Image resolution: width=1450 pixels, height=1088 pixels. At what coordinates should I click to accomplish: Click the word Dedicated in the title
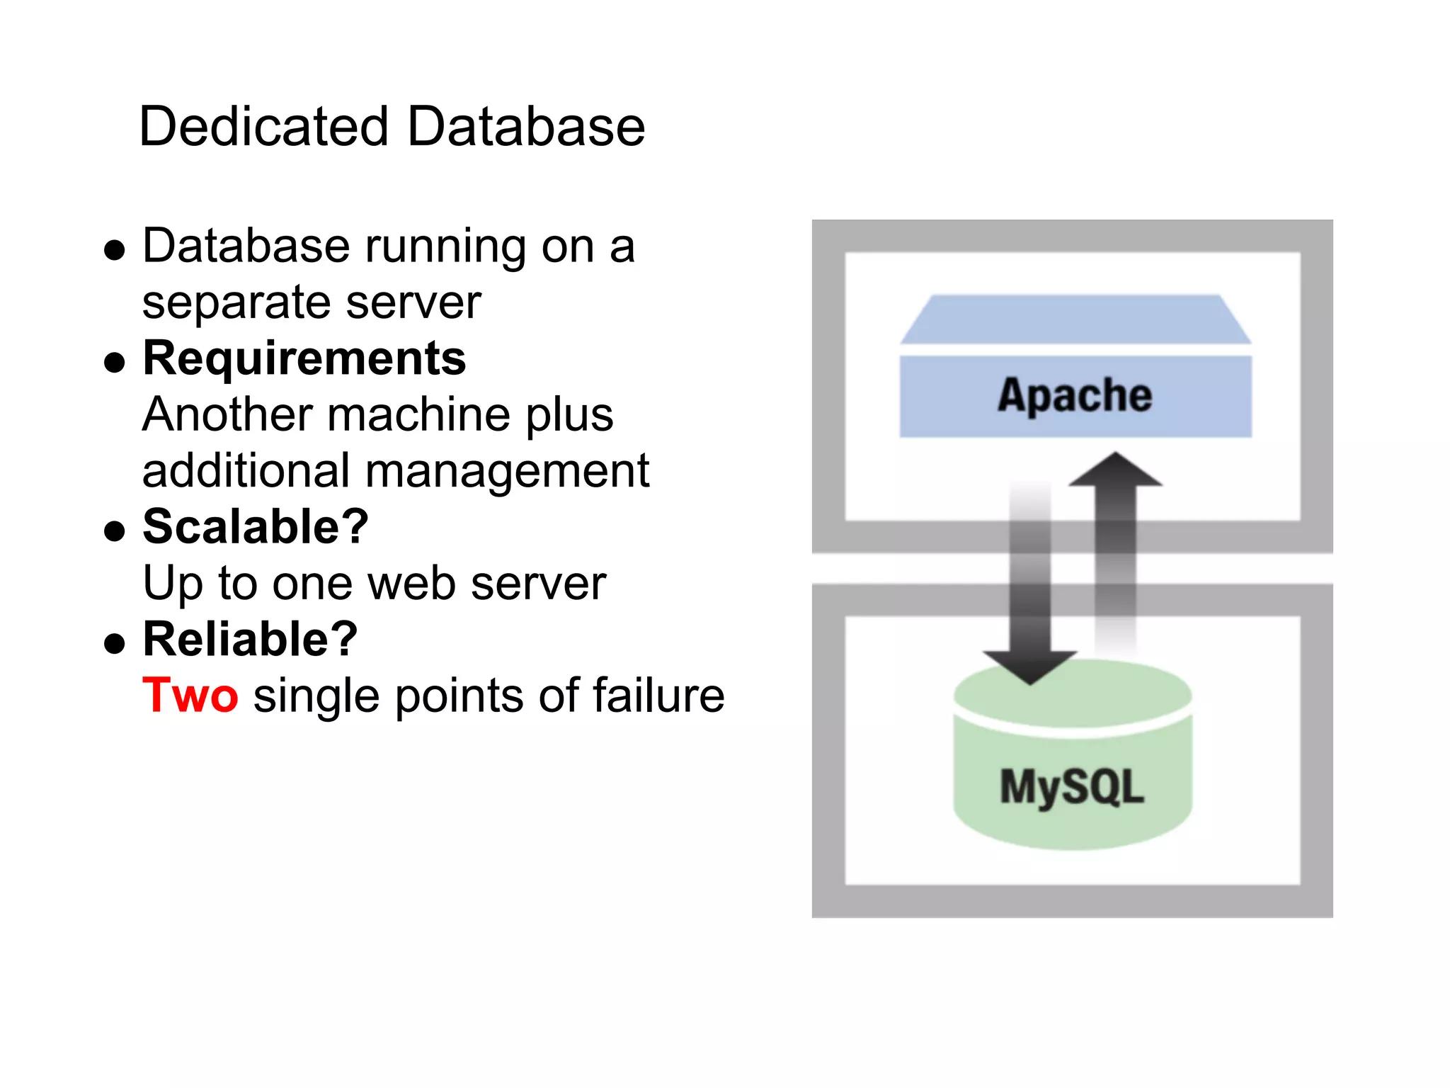click(x=263, y=127)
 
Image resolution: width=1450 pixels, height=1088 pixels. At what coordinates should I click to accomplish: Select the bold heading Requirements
click(x=304, y=358)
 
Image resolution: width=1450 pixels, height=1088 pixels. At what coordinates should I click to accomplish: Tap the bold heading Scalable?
click(x=256, y=527)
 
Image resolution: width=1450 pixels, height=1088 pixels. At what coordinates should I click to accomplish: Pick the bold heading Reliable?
click(x=250, y=639)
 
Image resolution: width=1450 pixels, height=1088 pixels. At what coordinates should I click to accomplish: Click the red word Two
click(x=190, y=695)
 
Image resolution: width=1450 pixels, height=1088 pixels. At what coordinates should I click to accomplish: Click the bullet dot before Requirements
click(x=114, y=362)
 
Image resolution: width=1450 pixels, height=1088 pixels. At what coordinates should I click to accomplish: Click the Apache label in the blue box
click(x=1075, y=395)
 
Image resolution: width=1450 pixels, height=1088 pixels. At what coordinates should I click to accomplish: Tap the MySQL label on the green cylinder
click(x=1071, y=787)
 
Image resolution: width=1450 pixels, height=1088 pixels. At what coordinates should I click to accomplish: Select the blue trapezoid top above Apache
click(x=1075, y=319)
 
